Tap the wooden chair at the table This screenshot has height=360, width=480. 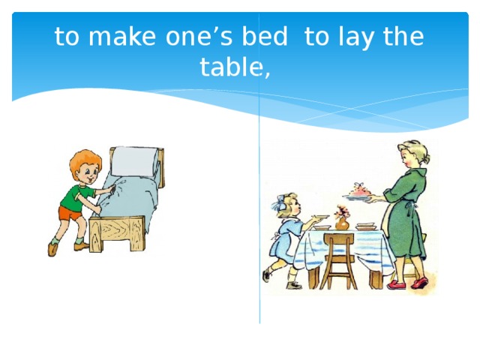click(x=337, y=259)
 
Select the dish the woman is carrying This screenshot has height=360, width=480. click(x=359, y=195)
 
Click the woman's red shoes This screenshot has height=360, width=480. click(x=409, y=283)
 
